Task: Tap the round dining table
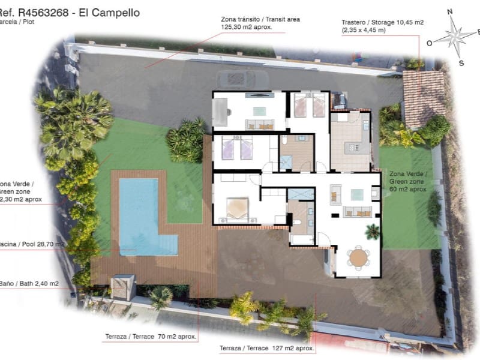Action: point(358,257)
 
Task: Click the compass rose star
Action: point(454,37)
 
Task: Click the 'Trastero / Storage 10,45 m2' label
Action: point(382,25)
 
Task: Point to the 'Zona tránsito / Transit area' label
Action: point(260,23)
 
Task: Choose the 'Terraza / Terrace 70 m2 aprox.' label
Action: point(151,337)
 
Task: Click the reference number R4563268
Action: point(42,12)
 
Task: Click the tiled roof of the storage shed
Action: point(424,96)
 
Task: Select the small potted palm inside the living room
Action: point(373,230)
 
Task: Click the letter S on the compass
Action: point(461,62)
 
